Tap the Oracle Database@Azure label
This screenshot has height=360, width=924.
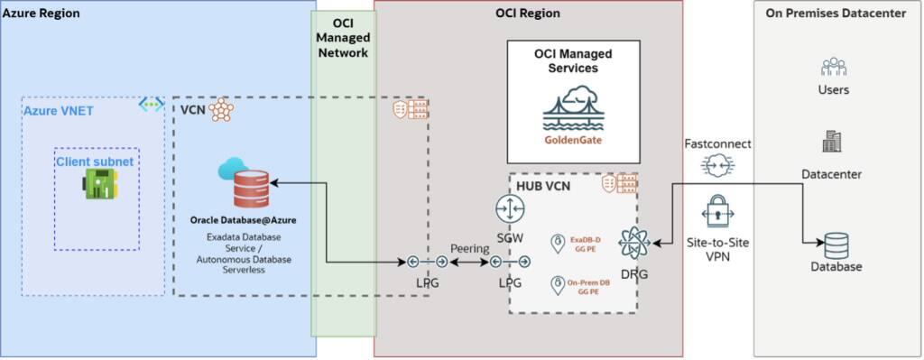pyautogui.click(x=243, y=219)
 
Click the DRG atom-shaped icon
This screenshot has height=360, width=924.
pyautogui.click(x=635, y=245)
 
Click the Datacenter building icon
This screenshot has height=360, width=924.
pyautogui.click(x=831, y=141)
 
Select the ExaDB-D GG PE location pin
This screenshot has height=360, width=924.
pyautogui.click(x=558, y=242)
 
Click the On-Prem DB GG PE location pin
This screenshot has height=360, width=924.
pyautogui.click(x=558, y=285)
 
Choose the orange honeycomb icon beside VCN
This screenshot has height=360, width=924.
pyautogui.click(x=220, y=110)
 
